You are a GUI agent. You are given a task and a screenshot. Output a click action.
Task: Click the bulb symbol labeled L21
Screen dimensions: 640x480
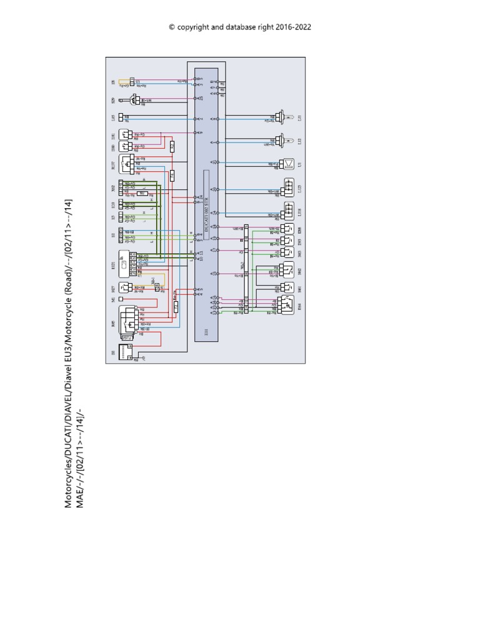tap(277, 117)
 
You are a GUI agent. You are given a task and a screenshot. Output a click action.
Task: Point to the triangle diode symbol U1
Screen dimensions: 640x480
tap(289, 164)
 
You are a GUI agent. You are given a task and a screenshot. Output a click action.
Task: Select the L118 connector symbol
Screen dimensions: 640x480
tap(289, 211)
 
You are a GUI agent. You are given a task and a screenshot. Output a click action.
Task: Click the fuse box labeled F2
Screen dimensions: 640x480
tap(176, 306)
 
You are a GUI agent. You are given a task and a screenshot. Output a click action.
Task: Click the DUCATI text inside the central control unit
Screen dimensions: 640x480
tap(206, 219)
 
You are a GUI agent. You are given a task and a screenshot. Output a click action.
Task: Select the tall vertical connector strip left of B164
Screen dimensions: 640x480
tap(246, 269)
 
